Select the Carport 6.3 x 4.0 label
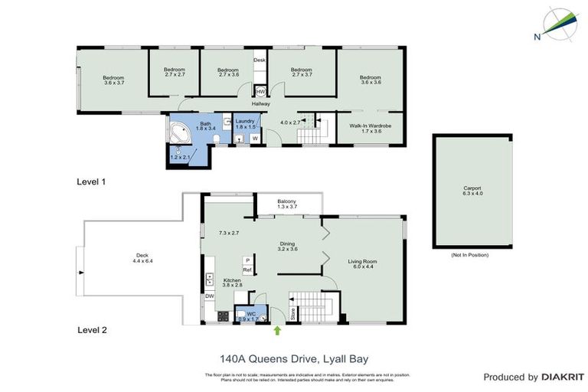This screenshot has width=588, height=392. click(472, 191)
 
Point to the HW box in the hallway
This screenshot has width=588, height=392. click(260, 92)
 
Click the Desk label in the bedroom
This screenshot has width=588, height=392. click(260, 60)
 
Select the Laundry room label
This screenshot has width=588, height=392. click(245, 124)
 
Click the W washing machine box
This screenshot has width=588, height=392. click(254, 139)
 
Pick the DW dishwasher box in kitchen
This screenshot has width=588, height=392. click(209, 296)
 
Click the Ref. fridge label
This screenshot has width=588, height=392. click(247, 270)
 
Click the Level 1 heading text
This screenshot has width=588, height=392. click(91, 181)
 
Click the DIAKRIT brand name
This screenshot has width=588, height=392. click(563, 377)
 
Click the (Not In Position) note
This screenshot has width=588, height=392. click(470, 255)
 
